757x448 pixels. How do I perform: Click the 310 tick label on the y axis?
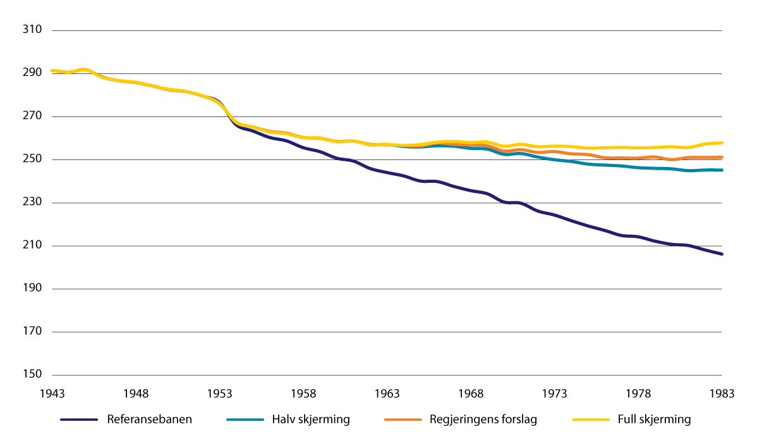pos(32,30)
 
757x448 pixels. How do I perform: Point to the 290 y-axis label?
pos(32,73)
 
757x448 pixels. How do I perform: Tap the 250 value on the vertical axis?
pos(32,159)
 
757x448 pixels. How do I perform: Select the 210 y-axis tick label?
pos(32,246)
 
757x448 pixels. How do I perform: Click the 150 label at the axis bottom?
pos(32,375)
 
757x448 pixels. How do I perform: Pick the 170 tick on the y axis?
pos(32,332)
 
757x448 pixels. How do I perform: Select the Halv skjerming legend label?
pos(311,420)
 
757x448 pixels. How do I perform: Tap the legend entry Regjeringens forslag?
pos(483,420)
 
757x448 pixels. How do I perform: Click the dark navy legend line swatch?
pos(79,420)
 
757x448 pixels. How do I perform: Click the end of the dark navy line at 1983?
pos(721,254)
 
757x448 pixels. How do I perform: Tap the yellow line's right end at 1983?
pos(721,143)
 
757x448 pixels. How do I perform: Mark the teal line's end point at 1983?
pos(721,170)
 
